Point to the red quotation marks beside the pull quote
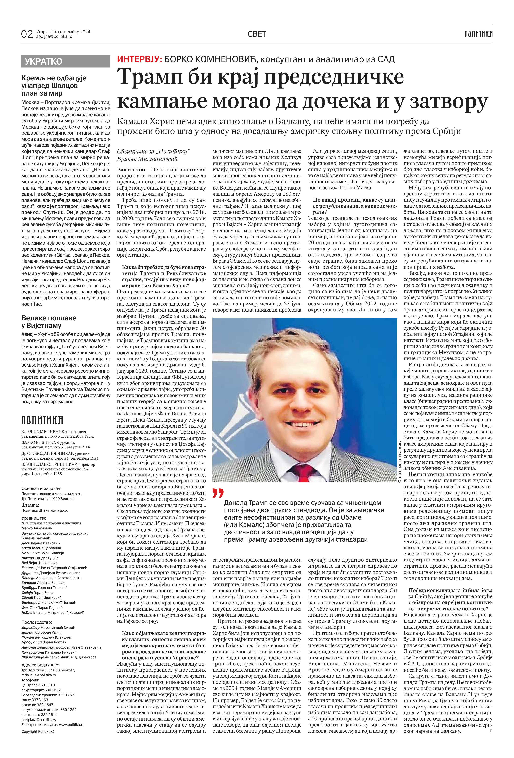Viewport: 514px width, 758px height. (218, 494)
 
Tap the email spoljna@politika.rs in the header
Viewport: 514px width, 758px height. (54, 36)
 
